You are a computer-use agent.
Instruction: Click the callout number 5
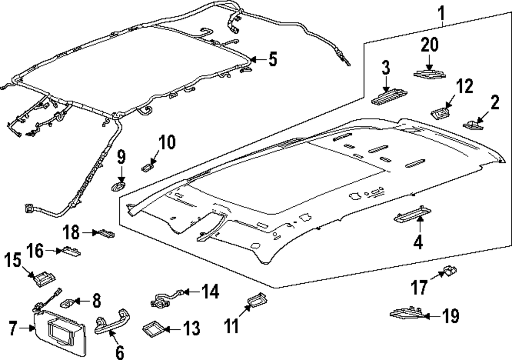point(272,60)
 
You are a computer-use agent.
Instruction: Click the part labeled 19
point(407,313)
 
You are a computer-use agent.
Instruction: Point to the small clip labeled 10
point(149,165)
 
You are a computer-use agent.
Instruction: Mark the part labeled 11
point(256,301)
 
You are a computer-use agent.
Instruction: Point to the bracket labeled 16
point(71,251)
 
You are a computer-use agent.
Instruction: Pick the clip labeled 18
point(106,234)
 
